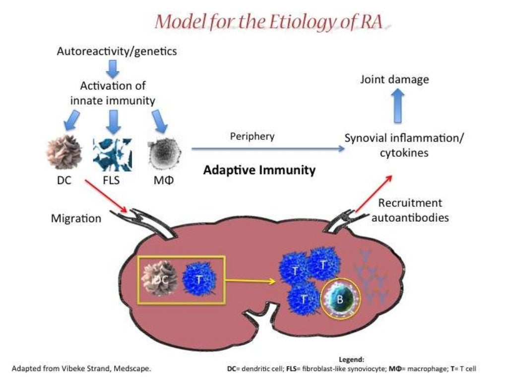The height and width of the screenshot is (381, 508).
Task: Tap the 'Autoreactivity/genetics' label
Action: (117, 51)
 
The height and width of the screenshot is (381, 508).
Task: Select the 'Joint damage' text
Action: (394, 79)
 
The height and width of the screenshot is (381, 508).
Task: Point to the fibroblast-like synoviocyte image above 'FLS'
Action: (113, 155)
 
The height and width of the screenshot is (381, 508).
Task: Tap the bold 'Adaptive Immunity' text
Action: (259, 171)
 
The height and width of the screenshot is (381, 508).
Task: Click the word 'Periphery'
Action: (252, 136)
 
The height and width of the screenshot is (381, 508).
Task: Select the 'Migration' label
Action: (76, 218)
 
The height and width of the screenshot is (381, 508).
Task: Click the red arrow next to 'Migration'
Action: (108, 195)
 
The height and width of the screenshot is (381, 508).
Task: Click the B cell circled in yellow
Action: (340, 300)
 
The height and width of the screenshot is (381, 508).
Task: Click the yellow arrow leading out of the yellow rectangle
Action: (250, 281)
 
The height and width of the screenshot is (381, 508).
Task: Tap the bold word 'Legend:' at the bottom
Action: (351, 360)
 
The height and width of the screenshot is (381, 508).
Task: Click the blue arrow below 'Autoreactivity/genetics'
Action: (113, 68)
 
